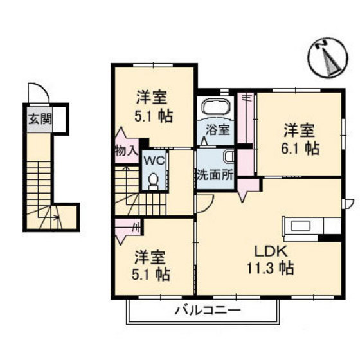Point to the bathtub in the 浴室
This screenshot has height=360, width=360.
coord(216,107)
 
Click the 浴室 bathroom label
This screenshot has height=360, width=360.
coord(217,129)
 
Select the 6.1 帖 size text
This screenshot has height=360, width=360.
coord(300,148)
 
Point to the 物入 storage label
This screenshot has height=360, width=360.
coord(126,152)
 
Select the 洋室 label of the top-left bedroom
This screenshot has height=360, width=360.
coord(152,99)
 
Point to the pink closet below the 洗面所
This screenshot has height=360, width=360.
coord(247,187)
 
